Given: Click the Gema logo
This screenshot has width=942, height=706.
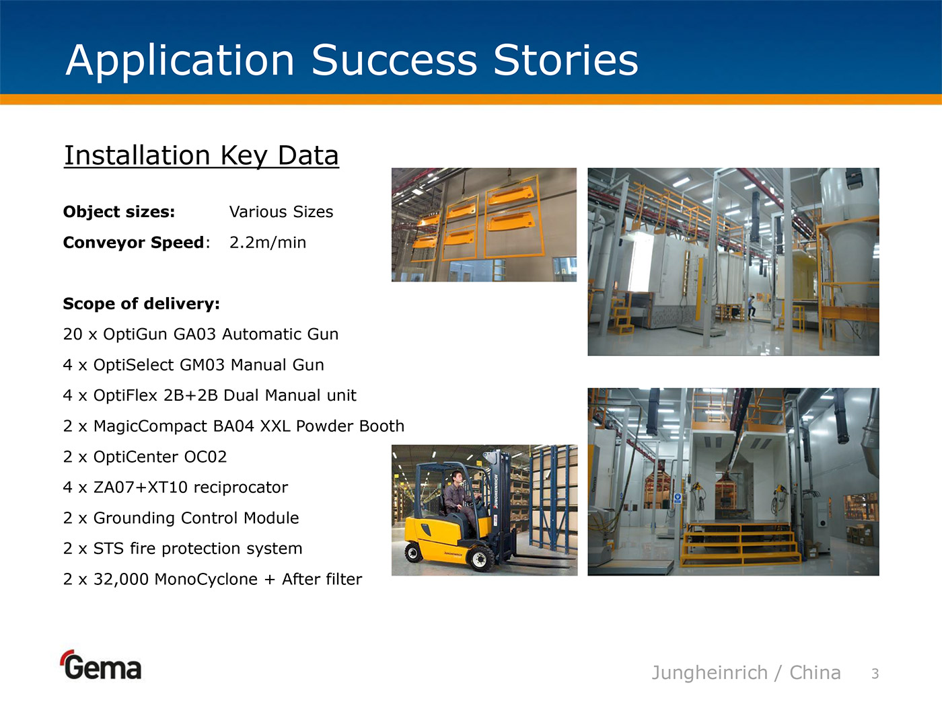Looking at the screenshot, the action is point(102,665).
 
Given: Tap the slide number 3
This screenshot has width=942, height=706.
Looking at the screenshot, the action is point(875,674).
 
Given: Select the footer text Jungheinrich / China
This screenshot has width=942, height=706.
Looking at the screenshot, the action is point(746,672).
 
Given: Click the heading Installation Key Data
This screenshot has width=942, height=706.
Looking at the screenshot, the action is point(201,155).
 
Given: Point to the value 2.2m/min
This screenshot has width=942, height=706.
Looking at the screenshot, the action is point(268,243).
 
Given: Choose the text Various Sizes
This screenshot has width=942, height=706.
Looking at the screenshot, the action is point(281,212).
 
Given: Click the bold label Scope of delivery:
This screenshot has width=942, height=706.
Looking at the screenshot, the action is point(141,303).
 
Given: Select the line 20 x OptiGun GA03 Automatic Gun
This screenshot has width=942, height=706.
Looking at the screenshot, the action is point(201,334).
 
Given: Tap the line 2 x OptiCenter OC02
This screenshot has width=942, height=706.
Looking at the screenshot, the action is point(145,457).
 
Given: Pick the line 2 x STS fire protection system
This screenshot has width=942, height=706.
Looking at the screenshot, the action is point(183,549).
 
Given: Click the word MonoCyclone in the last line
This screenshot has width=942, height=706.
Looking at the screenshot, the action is point(206,580).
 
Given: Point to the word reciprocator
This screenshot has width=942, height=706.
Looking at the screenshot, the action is point(241,487).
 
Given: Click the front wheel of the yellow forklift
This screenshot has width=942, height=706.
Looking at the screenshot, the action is point(480,559).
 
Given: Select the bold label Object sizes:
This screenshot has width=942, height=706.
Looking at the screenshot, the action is point(119,212).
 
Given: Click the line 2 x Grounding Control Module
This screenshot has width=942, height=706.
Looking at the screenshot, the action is point(181,518).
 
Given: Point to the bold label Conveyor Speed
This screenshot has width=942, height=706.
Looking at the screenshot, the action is point(134,243).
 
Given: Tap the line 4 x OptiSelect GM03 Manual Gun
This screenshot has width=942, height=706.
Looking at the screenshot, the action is point(194,365).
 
